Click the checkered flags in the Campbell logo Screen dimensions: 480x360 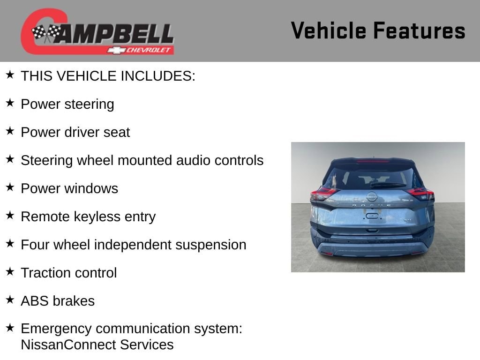point(46,32)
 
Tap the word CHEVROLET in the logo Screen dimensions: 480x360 point(148,50)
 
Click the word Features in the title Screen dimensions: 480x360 point(420,30)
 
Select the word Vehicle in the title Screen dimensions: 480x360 point(329,30)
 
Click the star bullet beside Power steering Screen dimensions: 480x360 point(10,103)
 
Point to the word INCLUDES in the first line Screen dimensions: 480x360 point(158,76)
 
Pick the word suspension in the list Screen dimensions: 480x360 point(210,245)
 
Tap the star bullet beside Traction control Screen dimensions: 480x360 point(10,271)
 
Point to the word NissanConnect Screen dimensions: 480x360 point(69,345)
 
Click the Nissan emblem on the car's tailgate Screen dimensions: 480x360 point(372,196)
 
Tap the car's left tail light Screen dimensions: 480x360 point(323,194)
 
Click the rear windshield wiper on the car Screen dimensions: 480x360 point(388,185)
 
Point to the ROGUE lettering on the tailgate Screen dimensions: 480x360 point(372,205)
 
